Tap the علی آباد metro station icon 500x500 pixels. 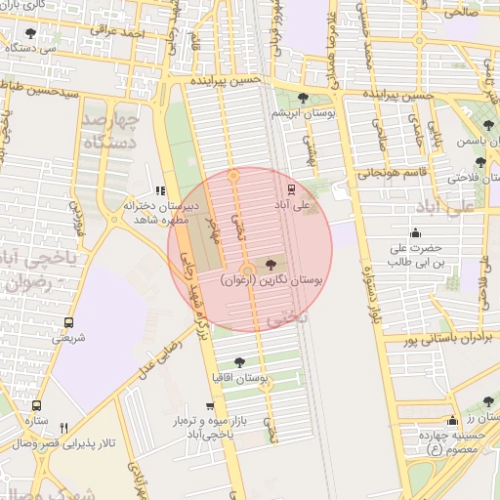tap(290, 188)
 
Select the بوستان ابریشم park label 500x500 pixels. tap(312, 114)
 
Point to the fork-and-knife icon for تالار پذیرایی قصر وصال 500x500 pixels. tap(64, 427)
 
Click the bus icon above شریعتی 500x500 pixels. tap(68, 322)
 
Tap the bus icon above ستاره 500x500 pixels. tap(36, 405)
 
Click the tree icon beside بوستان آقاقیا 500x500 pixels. tap(239, 362)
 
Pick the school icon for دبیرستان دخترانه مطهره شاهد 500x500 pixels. tap(160, 191)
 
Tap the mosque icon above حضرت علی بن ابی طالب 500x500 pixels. tap(416, 232)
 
